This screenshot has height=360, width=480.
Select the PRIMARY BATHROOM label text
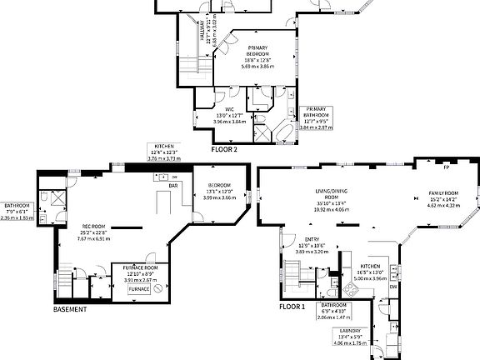click(315, 112)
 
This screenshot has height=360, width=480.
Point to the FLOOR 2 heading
click(224, 150)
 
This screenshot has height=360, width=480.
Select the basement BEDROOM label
click(219, 185)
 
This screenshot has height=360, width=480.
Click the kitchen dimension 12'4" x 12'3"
click(164, 152)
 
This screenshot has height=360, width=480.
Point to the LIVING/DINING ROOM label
click(329, 193)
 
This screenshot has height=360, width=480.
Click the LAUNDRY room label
click(350, 330)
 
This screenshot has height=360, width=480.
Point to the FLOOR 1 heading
click(292, 307)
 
